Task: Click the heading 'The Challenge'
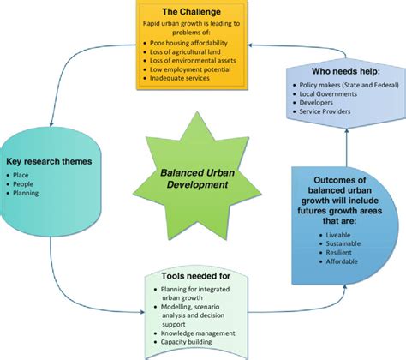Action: coord(192,12)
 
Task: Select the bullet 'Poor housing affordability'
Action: coord(188,43)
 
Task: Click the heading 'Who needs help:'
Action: coord(346,71)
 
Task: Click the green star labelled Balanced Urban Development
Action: coord(197,176)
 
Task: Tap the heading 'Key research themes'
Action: coord(49,161)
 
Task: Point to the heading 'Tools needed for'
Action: coord(196,276)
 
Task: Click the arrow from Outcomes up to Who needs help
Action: coord(347,147)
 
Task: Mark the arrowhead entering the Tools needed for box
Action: coord(142,312)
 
